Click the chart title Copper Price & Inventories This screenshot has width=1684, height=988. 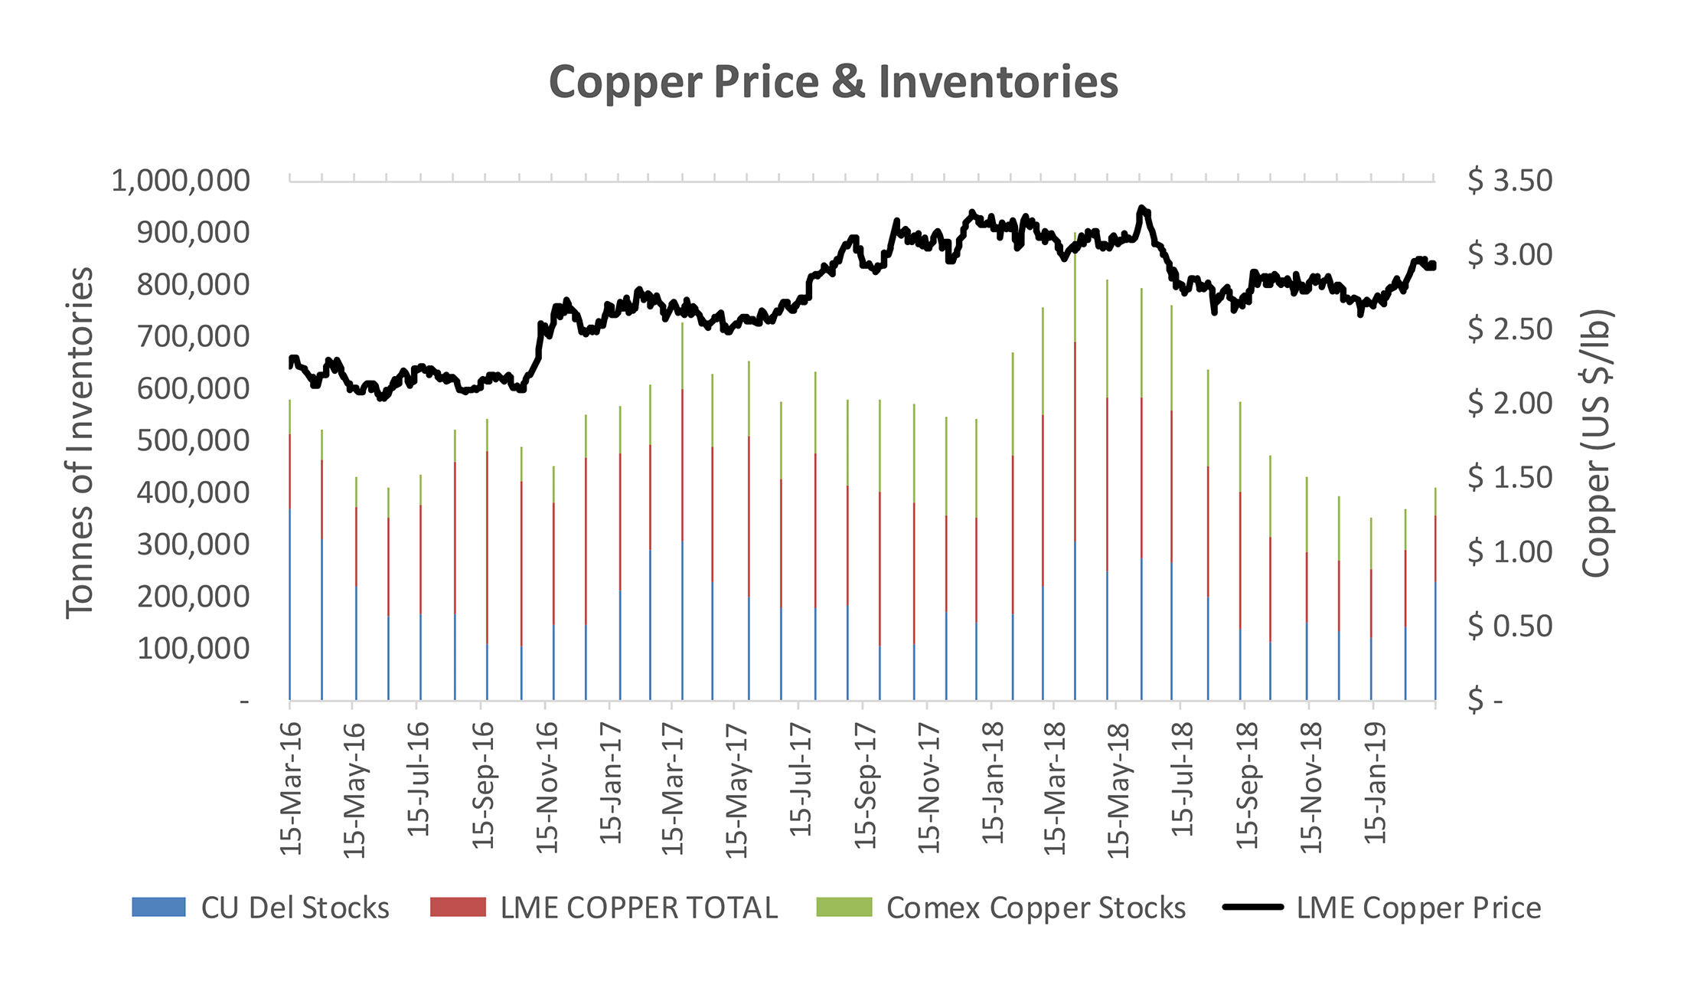coord(833,82)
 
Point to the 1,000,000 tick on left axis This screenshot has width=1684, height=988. coord(181,181)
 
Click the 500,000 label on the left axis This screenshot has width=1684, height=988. coord(193,440)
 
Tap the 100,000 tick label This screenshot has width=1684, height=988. coord(193,649)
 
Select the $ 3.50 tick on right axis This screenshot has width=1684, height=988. coord(1509,181)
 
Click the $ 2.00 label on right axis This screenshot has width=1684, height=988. coord(1509,404)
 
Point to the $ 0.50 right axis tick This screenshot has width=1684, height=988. coord(1509,626)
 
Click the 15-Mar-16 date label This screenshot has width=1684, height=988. coord(292,789)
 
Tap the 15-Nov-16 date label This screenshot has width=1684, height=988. coord(547,789)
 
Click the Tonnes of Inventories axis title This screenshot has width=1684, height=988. coord(80,443)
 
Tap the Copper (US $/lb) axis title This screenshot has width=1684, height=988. coord(1597,443)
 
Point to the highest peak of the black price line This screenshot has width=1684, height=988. coord(1141,208)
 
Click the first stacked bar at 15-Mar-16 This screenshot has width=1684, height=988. coord(290,551)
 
